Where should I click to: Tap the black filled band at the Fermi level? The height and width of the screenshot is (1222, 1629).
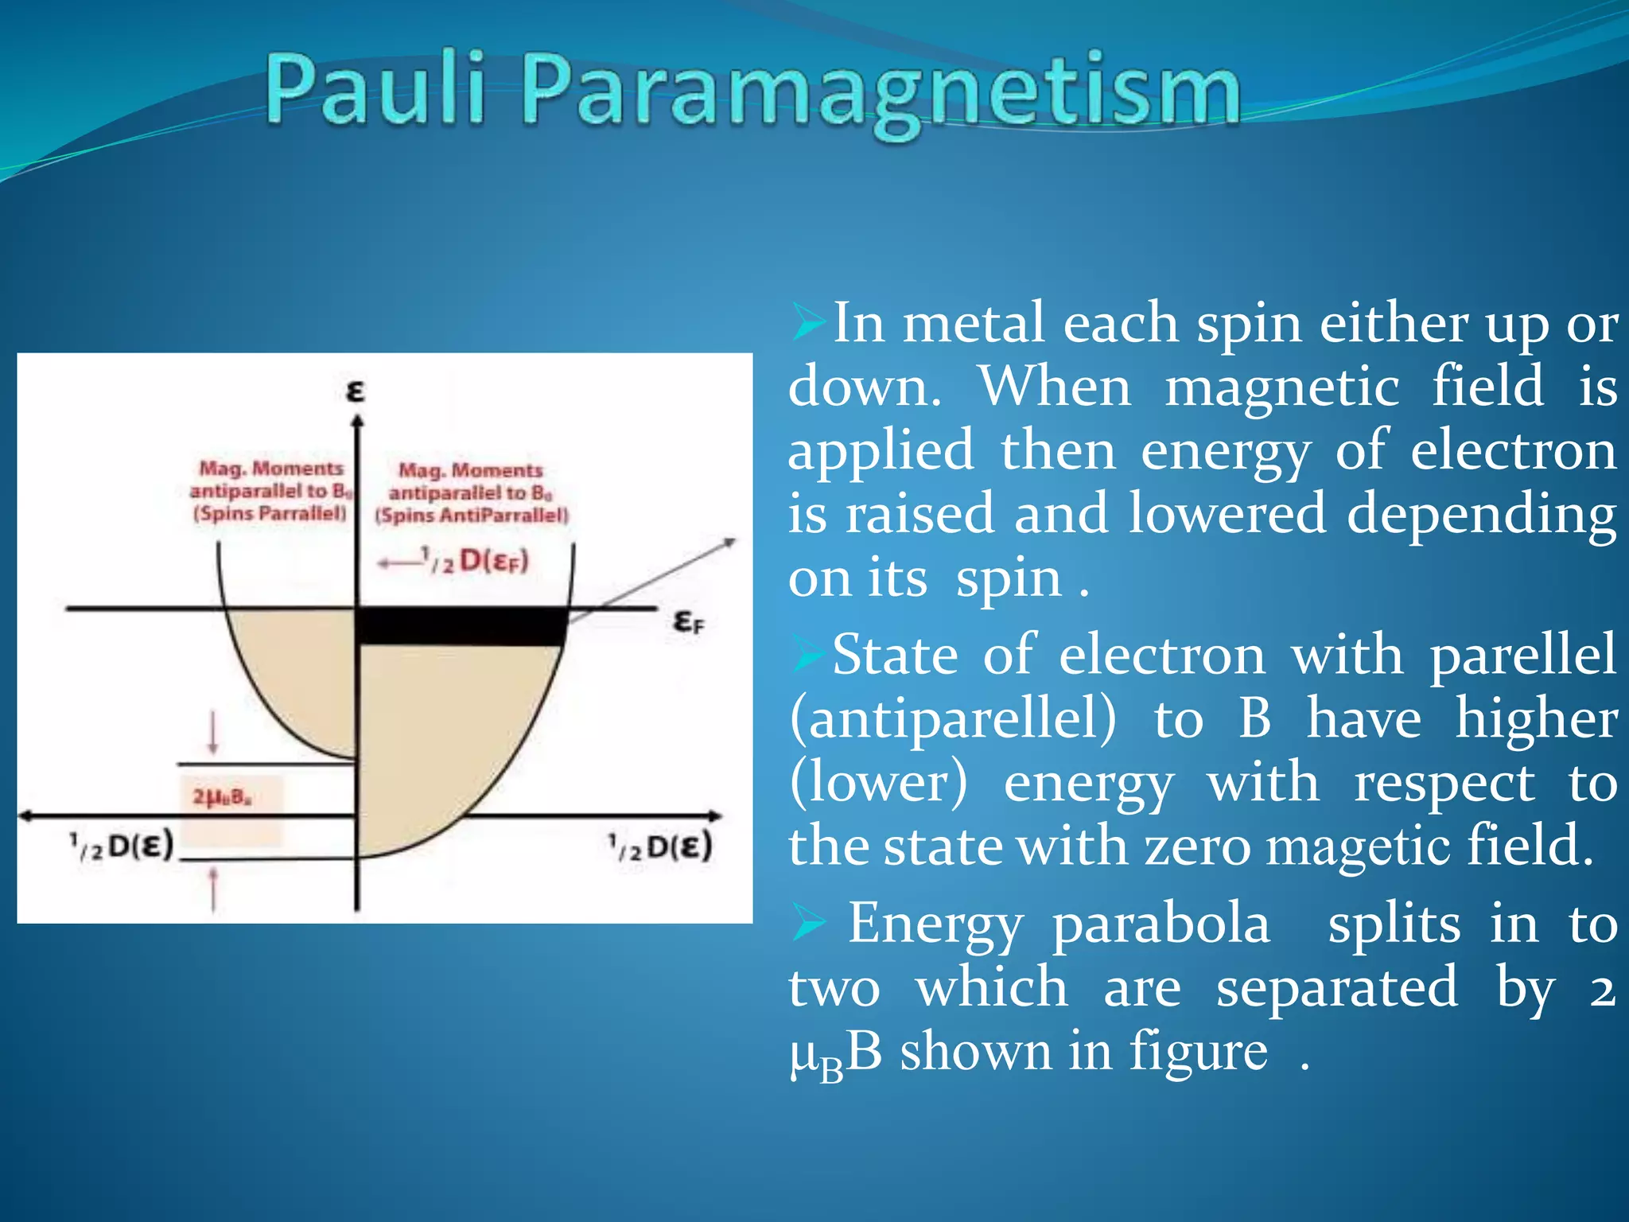point(461,626)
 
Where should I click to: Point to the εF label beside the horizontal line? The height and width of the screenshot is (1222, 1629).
point(688,621)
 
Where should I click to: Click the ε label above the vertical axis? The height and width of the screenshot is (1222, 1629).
point(355,391)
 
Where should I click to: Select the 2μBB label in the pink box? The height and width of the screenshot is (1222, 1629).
point(222,796)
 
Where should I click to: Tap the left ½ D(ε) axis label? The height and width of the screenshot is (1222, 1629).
point(121,846)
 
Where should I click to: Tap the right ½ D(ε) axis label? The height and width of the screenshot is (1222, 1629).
point(660,846)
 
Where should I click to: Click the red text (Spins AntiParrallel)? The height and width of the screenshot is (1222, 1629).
point(472,516)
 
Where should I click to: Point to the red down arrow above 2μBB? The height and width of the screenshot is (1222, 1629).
point(212,733)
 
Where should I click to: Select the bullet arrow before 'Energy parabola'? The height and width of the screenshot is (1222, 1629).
point(808,925)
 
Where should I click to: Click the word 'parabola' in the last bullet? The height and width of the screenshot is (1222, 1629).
point(1161,924)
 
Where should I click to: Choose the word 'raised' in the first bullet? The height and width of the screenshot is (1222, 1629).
point(919,513)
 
